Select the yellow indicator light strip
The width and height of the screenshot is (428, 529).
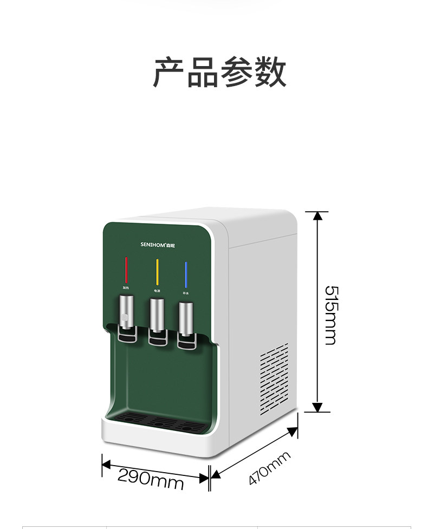click(x=158, y=272)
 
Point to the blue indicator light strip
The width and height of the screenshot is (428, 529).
click(x=185, y=274)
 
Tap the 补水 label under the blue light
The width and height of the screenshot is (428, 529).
click(x=185, y=293)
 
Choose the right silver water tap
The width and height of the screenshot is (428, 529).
click(x=185, y=321)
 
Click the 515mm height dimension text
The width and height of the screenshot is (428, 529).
click(x=330, y=315)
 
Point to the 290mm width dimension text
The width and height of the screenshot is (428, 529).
click(x=150, y=478)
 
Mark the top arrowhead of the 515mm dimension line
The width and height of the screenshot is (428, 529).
click(x=317, y=215)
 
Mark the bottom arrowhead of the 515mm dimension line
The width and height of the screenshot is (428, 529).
click(x=317, y=407)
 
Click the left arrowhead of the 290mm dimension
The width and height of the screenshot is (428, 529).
click(x=106, y=465)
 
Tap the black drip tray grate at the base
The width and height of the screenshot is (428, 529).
click(x=157, y=420)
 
